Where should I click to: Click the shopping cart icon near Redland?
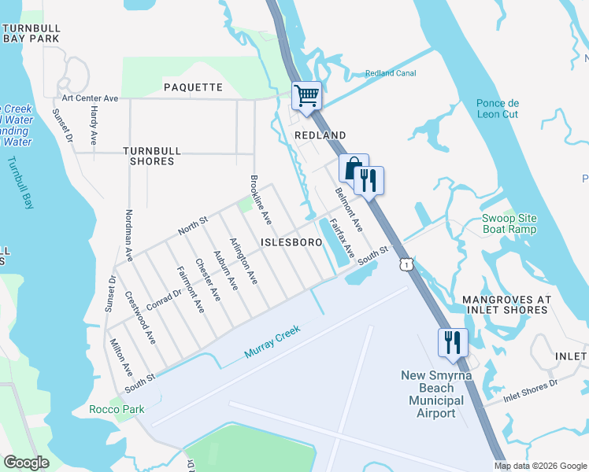coord(307,96)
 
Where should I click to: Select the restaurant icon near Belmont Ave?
coord(369,180)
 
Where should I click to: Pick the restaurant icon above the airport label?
coord(453,341)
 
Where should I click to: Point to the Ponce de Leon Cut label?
coord(498,109)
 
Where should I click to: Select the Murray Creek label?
coord(273,344)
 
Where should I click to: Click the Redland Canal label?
coord(390,74)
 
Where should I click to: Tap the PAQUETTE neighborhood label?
coord(193,87)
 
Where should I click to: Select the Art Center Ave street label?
coord(90,98)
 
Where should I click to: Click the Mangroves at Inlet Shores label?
coord(505,304)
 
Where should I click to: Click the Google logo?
coord(26,463)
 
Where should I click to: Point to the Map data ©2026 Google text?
coord(541,466)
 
